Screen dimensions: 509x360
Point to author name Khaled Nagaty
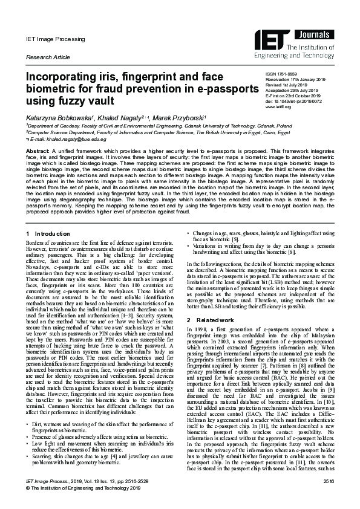point(120,117)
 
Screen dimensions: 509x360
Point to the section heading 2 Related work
point(212,320)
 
